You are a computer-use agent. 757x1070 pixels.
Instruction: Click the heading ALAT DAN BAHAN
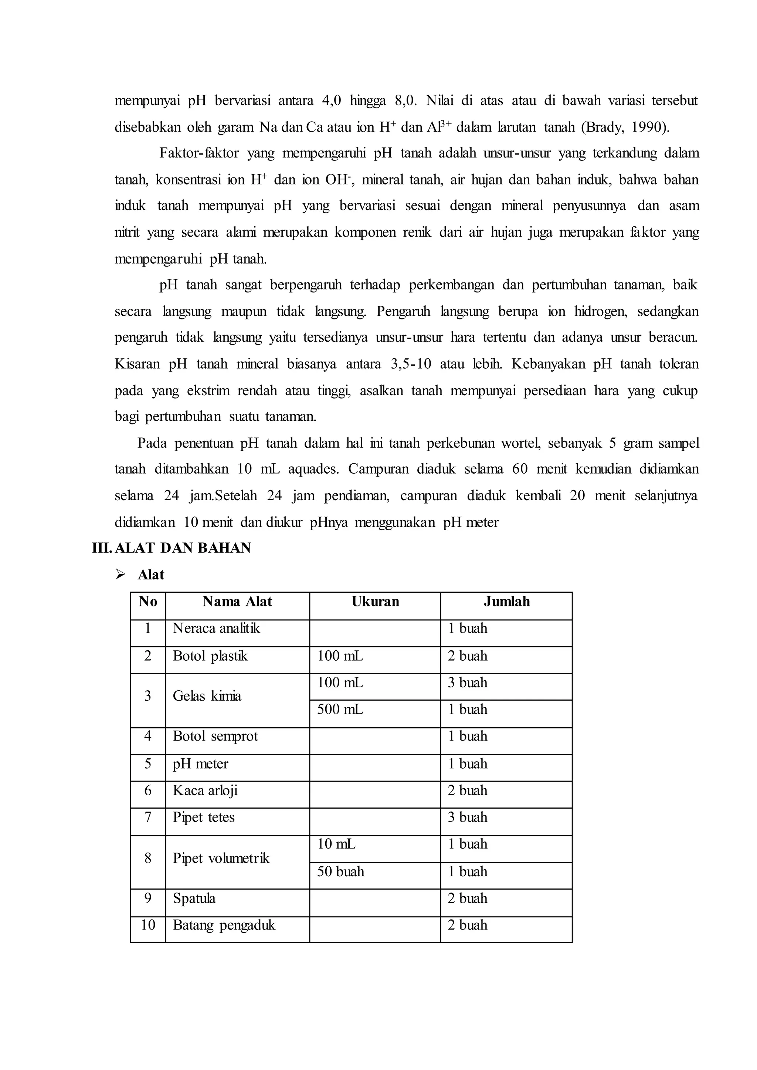pyautogui.click(x=182, y=548)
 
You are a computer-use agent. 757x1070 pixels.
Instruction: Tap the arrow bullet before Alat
pyautogui.click(x=121, y=575)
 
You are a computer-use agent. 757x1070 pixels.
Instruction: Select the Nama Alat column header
pyautogui.click(x=237, y=602)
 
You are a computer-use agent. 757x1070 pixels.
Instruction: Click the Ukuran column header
pyautogui.click(x=375, y=602)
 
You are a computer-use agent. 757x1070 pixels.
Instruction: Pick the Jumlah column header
pyautogui.click(x=507, y=602)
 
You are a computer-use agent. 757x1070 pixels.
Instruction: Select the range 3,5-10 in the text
pyautogui.click(x=411, y=364)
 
